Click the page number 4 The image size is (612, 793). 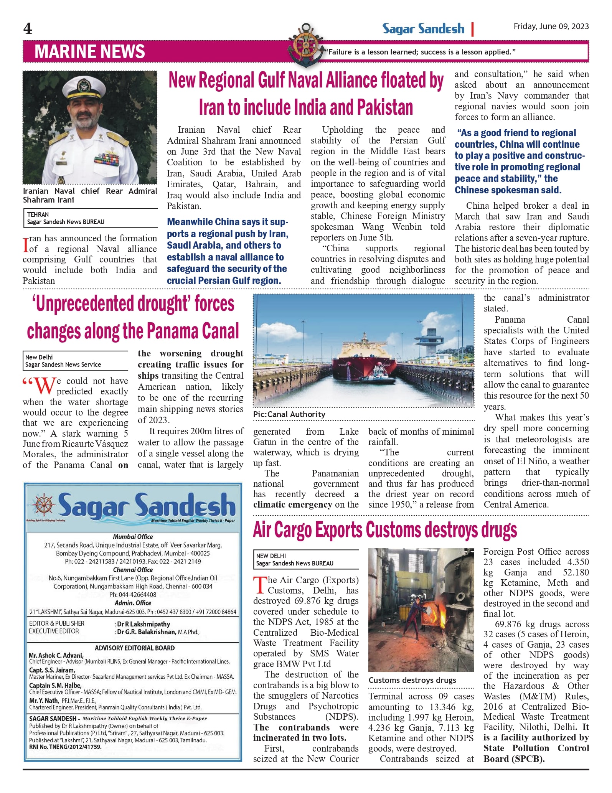point(28,28)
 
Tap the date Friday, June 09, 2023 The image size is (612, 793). point(551,26)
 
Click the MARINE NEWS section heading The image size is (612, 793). point(90,52)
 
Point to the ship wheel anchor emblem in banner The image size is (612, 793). point(305,46)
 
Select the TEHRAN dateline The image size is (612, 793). point(38,214)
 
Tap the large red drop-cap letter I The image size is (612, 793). point(26,245)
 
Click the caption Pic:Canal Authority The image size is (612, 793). point(289,414)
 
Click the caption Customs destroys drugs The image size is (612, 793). point(412,680)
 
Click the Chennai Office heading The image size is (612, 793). point(133,570)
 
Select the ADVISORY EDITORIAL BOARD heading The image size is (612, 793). point(135,648)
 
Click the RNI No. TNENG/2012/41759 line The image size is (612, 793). point(66,747)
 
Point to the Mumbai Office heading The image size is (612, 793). point(133,537)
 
